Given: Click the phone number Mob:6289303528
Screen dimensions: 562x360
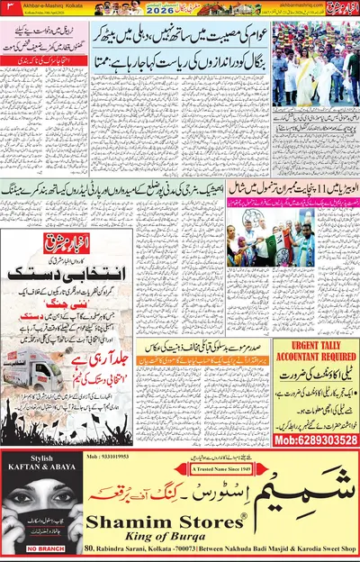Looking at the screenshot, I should (315, 439).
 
